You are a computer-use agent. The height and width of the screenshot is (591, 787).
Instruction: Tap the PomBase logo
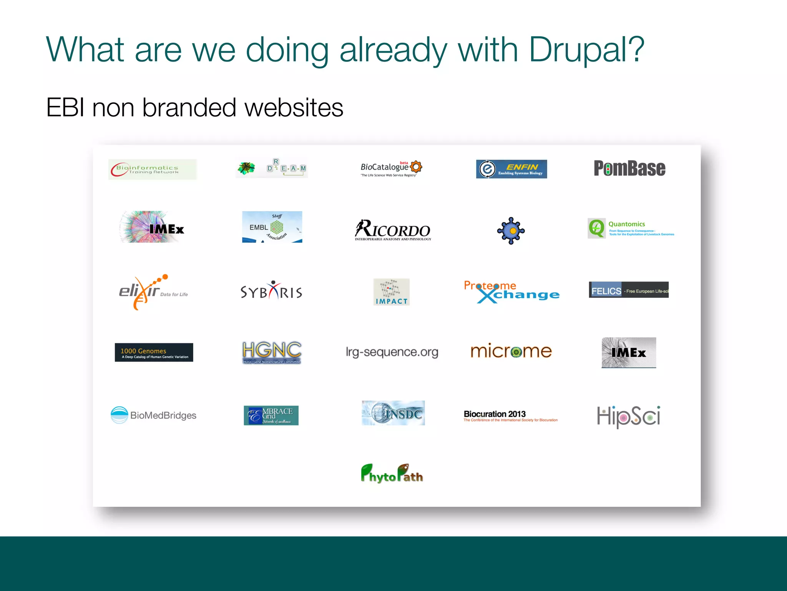click(629, 169)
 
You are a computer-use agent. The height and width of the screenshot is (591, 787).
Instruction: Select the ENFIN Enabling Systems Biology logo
click(511, 169)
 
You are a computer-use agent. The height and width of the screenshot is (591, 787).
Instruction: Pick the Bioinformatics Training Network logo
click(152, 169)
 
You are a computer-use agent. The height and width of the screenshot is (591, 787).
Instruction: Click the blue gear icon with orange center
click(511, 230)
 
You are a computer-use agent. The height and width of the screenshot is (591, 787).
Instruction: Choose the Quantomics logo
click(631, 229)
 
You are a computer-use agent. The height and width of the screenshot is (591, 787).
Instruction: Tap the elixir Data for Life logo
click(153, 292)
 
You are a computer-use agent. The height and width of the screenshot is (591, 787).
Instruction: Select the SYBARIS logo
click(271, 292)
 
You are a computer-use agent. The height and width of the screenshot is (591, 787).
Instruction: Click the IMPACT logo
click(391, 292)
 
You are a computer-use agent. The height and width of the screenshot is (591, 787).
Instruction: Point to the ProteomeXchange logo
click(511, 292)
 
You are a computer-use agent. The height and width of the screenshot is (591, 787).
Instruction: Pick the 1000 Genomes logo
click(154, 352)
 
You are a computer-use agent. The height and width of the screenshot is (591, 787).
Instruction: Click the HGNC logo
click(272, 352)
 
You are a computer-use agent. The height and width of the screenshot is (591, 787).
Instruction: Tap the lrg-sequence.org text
click(392, 352)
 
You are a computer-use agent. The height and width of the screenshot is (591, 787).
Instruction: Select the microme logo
click(511, 351)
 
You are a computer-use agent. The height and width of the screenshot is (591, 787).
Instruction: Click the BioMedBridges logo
click(153, 415)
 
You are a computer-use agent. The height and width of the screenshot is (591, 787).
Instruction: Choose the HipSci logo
click(629, 416)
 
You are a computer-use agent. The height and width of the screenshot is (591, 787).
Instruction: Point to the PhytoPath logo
click(392, 474)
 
